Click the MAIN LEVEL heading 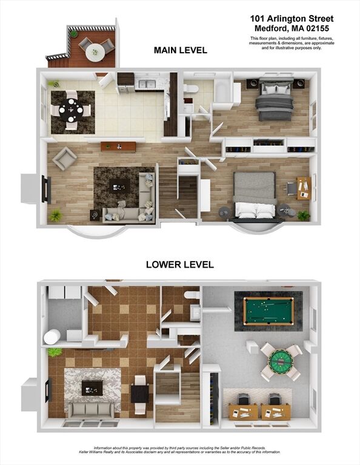[x=181, y=50]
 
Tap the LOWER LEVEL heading [x=180, y=265]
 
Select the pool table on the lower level [x=268, y=311]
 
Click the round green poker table [x=281, y=361]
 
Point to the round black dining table [x=71, y=110]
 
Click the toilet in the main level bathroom [x=191, y=88]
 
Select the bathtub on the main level [x=223, y=90]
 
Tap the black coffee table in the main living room [x=119, y=186]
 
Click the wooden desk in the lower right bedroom [x=304, y=188]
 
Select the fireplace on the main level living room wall [x=45, y=189]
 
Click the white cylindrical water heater [x=52, y=337]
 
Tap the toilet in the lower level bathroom [x=192, y=295]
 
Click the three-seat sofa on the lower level [x=92, y=410]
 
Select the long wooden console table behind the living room [x=118, y=146]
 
